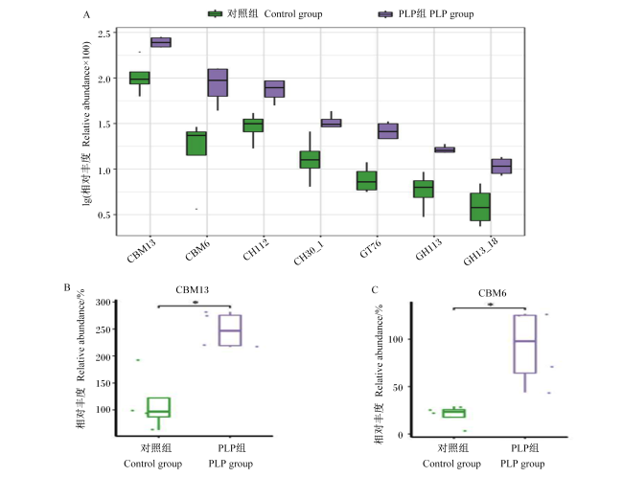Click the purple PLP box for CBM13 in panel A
point(161,42)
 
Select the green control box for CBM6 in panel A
point(196,144)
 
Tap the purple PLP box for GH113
point(445,149)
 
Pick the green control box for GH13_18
point(480,207)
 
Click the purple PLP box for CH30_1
point(332,124)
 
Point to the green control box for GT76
point(367,181)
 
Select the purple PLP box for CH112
point(274,89)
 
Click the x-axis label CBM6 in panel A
point(197,251)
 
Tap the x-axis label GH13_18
point(481,251)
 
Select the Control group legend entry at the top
point(265,14)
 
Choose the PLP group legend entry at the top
point(426,14)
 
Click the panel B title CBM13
point(193,290)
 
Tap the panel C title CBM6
point(493,293)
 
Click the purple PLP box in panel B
point(230,330)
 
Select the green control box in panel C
point(454,413)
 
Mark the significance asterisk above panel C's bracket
point(491,305)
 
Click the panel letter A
point(86,15)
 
